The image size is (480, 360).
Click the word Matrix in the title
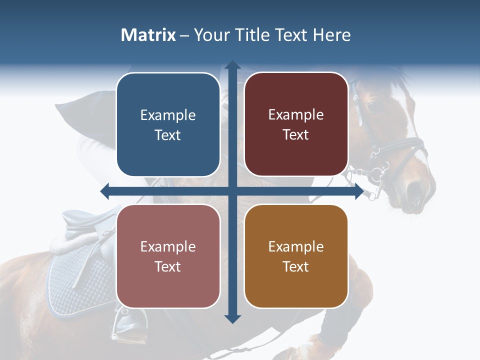(x=148, y=35)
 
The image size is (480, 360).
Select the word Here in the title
(x=331, y=35)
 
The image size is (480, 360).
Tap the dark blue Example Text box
(x=168, y=124)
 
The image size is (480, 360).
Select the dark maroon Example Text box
(x=296, y=124)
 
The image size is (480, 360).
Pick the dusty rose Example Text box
(x=168, y=256)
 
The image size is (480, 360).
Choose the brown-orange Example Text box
(x=296, y=256)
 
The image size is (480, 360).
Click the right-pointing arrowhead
(x=358, y=191)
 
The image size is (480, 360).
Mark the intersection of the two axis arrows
(x=232, y=191)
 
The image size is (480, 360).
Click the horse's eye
(x=371, y=106)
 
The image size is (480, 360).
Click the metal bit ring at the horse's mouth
(x=375, y=174)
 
